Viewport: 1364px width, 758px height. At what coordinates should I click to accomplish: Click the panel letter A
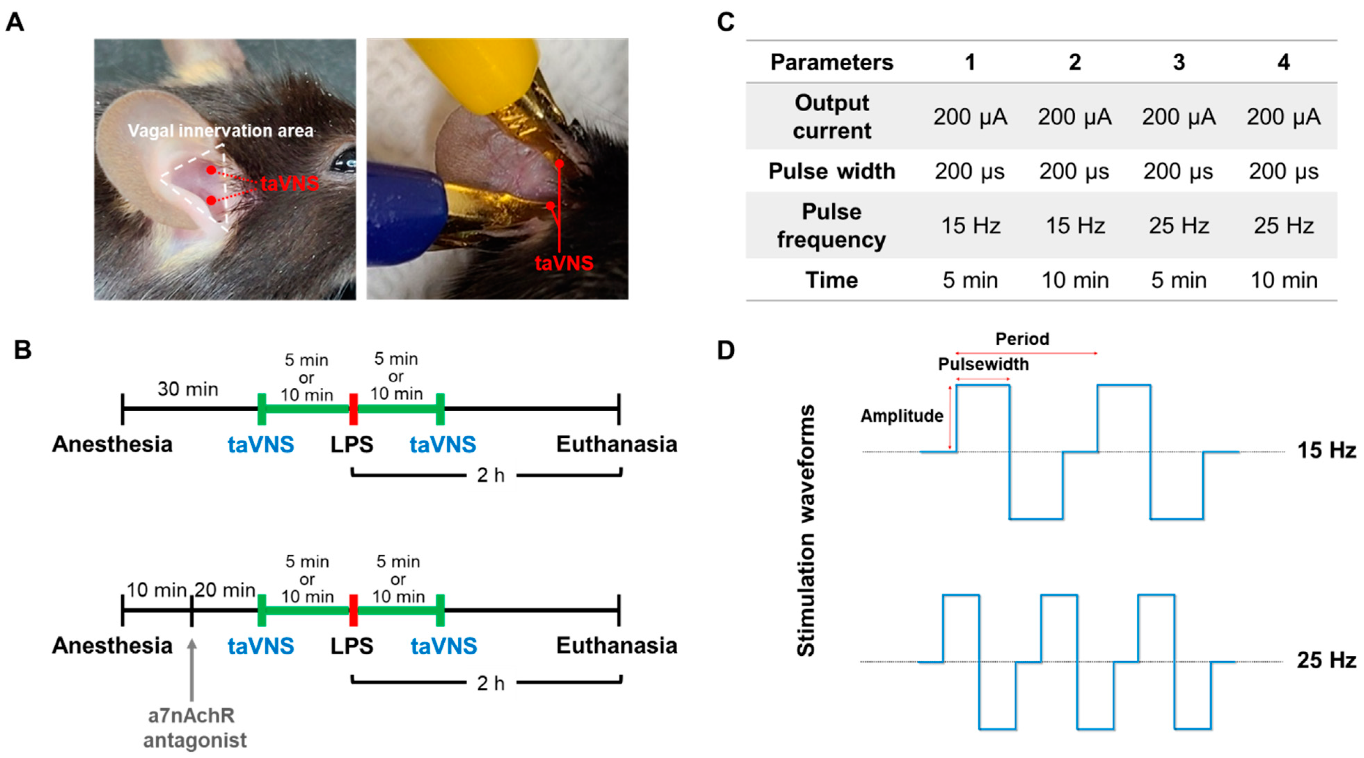coord(15,22)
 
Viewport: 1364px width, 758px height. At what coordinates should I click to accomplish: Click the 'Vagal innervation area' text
coord(221,131)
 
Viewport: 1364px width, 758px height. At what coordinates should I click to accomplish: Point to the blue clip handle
coord(402,212)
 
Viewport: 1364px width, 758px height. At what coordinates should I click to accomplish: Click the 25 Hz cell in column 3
coord(1179,226)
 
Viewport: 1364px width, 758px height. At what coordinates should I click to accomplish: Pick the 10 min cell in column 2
coord(1075,280)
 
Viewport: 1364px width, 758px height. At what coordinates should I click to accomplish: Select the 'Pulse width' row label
coord(832,171)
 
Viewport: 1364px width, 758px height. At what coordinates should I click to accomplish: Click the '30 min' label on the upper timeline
coord(188,389)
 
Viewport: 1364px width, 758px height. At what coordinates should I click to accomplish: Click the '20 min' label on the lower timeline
coord(225,590)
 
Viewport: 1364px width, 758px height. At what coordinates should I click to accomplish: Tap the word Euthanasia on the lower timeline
coord(616,646)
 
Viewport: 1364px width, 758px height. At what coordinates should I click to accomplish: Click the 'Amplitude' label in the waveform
coord(902,416)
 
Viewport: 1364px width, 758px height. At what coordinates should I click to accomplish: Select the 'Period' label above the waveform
coord(1022,339)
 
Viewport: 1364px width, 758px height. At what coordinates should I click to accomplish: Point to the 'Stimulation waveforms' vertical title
coord(806,531)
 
